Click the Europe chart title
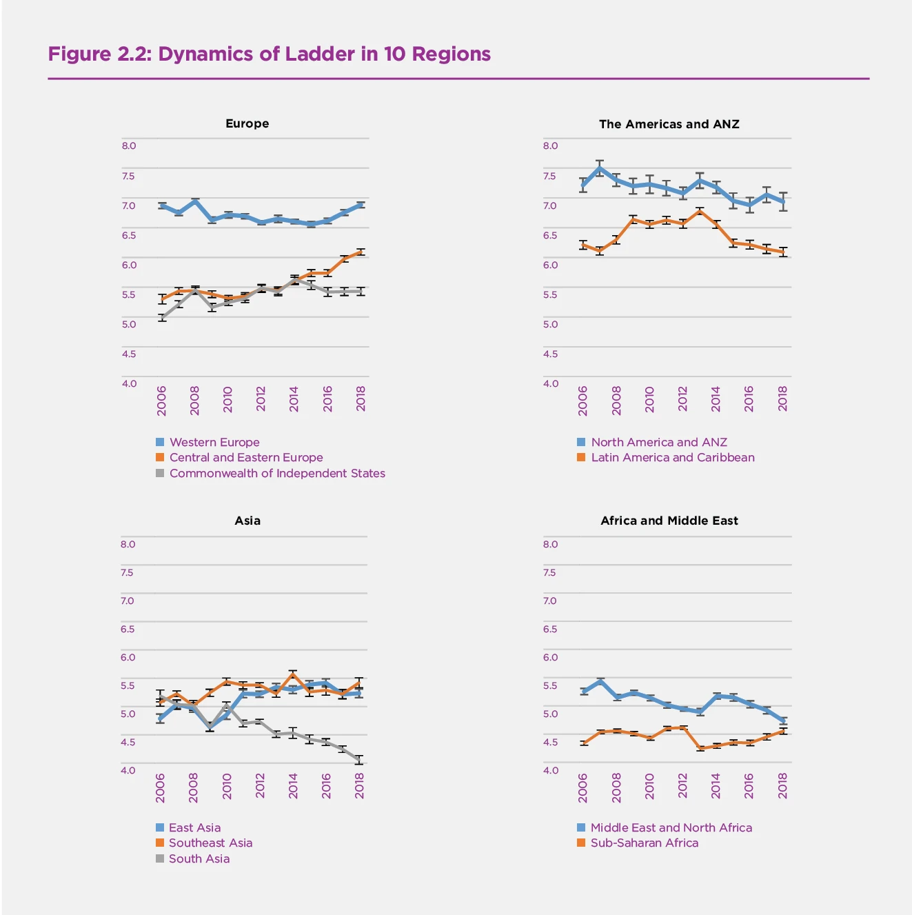pos(247,123)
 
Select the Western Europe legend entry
pos(214,442)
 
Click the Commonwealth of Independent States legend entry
pos(277,473)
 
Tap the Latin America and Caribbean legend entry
pos(672,457)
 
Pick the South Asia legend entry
pos(199,858)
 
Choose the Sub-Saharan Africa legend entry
pos(644,843)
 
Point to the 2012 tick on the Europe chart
pos(261,399)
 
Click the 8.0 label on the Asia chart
pos(128,544)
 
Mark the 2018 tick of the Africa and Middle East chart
pos(782,786)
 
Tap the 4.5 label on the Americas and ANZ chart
pos(550,354)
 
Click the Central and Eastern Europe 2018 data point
pos(361,252)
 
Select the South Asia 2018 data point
pos(359,760)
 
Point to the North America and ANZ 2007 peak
pos(600,168)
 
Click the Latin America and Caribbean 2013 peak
pos(700,211)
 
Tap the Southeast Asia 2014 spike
pos(293,674)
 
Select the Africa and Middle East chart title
pos(669,521)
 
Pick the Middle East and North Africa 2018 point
pos(783,721)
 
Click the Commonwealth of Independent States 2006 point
pos(162,317)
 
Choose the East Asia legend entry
pos(194,827)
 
